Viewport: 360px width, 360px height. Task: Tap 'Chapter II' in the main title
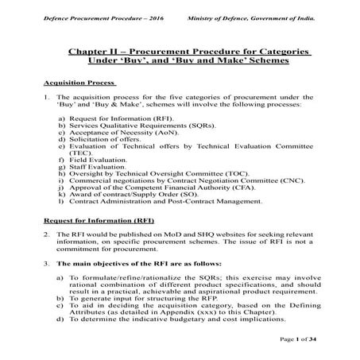(x=92, y=52)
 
